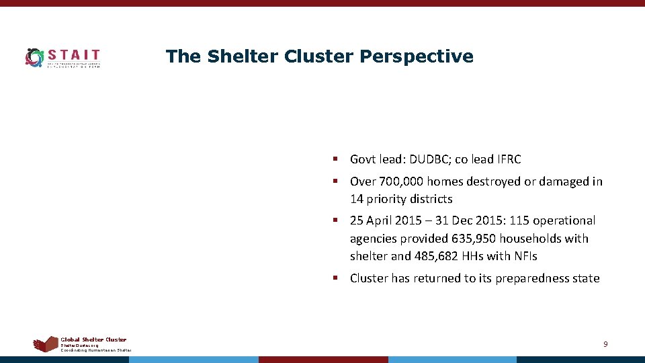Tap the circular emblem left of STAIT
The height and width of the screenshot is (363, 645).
pos(34,58)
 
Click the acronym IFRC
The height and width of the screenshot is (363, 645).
pos(508,159)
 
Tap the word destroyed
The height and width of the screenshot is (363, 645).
pos(496,182)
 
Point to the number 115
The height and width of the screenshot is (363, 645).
pos(517,220)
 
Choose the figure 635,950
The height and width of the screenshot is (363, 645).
pos(464,239)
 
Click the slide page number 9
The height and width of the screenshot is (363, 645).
pos(605,344)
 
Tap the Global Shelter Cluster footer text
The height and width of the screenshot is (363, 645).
pos(93,339)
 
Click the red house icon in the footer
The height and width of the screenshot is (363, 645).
pos(46,344)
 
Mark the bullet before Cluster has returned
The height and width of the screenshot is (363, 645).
pos(334,278)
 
